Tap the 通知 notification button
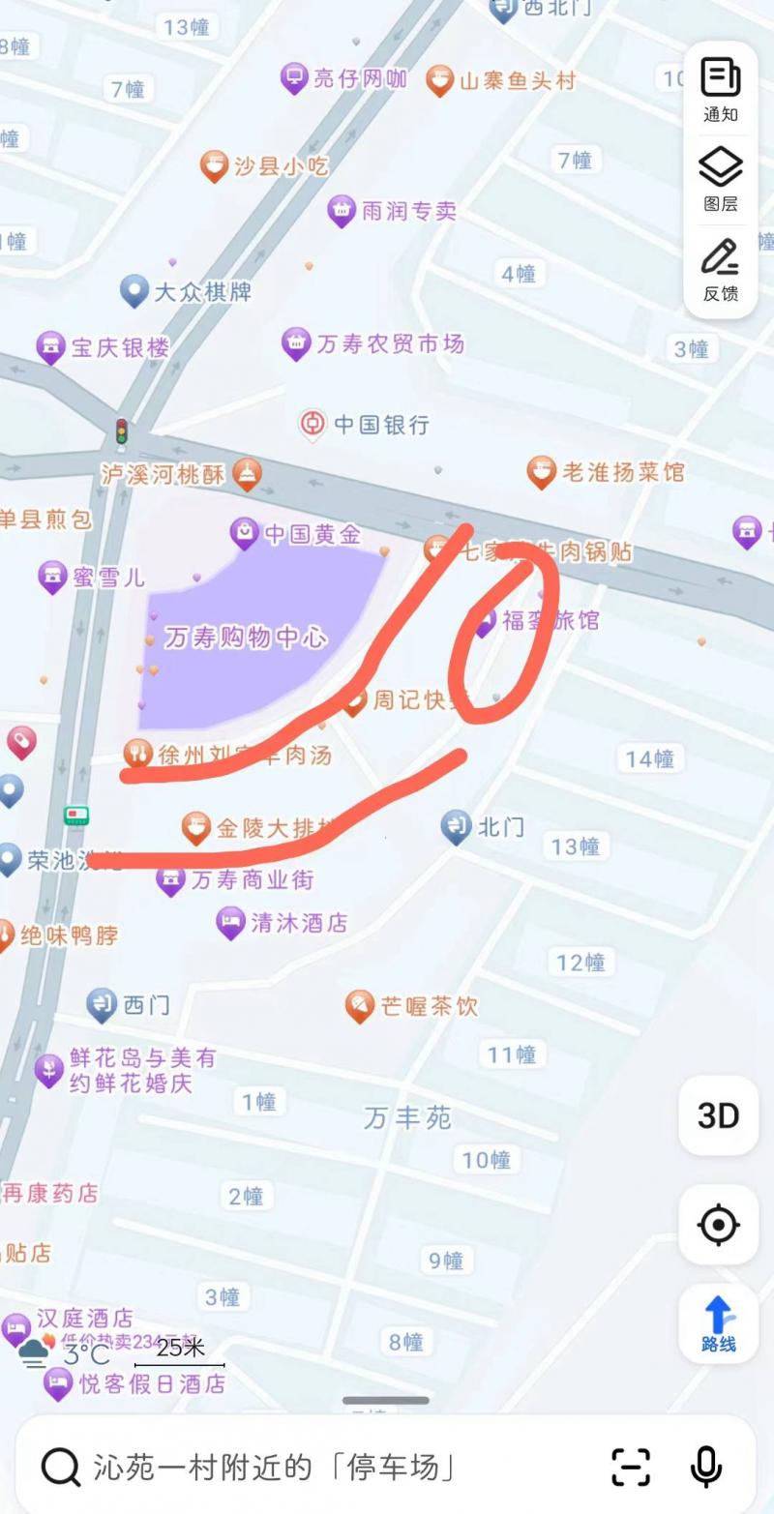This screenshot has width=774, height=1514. click(x=720, y=89)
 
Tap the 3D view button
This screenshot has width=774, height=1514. click(x=718, y=1115)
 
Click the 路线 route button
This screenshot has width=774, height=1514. click(x=718, y=1322)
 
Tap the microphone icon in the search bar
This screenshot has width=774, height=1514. click(x=705, y=1467)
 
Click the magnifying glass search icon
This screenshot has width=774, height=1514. click(x=60, y=1468)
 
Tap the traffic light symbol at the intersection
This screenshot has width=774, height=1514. click(x=122, y=430)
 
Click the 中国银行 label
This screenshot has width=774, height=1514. click(x=381, y=424)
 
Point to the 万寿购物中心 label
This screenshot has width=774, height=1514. click(x=246, y=638)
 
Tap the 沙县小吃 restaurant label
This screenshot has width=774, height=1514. click(x=281, y=166)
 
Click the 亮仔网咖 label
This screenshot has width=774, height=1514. click(x=360, y=78)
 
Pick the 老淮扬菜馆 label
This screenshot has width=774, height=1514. click(x=623, y=472)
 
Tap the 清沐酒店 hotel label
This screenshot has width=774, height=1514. click(x=298, y=923)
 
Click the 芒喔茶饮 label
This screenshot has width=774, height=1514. click(x=429, y=1006)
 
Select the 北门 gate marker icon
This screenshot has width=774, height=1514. click(x=456, y=826)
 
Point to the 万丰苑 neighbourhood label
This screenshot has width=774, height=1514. click(x=407, y=1118)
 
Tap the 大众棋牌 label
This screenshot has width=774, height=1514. click(x=202, y=290)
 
